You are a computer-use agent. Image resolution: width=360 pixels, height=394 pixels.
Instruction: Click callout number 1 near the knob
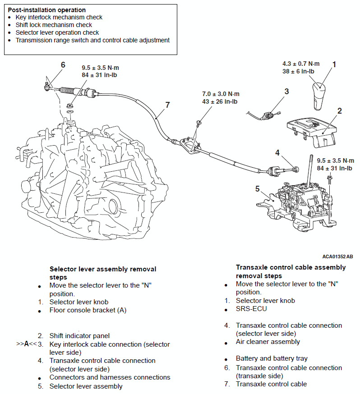pos(334,64)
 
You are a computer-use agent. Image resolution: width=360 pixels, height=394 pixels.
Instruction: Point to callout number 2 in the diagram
pos(339,110)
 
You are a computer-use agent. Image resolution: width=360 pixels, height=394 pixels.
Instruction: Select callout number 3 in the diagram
pos(286,92)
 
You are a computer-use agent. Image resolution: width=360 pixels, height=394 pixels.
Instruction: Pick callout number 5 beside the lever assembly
pos(258,188)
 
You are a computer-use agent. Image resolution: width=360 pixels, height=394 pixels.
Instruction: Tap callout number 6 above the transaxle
pos(63,65)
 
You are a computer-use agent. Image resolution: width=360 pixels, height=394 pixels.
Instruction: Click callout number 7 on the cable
pos(167,105)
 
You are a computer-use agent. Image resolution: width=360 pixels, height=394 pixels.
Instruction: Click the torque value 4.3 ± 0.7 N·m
pos(301,64)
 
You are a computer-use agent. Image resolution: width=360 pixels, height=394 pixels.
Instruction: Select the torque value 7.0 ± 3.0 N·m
pos(221,94)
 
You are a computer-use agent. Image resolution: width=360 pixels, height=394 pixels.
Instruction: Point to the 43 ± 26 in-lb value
pos(221,101)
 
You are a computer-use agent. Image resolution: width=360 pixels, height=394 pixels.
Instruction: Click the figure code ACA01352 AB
pos(337,256)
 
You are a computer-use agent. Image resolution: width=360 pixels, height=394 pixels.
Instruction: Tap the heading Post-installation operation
pos(47,9)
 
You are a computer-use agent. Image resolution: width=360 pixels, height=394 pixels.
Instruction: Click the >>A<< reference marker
pos(26,344)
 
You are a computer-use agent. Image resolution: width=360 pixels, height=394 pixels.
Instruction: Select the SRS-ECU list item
pos(251,309)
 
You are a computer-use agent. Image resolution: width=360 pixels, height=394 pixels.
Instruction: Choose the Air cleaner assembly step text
pos(268,342)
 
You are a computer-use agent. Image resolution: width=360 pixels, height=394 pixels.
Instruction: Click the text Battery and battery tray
pos(272,358)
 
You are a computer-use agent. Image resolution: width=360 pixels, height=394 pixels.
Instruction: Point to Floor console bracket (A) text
pos(88,310)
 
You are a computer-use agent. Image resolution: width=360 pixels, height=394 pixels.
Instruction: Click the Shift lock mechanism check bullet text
pos(54,25)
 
